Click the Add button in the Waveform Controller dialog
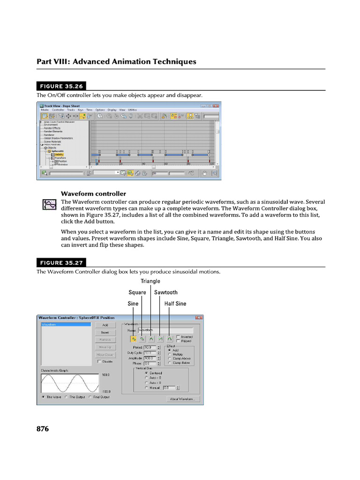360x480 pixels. point(105,325)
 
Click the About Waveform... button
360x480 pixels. point(183,399)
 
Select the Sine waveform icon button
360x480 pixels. point(134,338)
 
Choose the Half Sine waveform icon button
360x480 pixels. point(169,338)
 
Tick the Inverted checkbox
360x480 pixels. point(178,337)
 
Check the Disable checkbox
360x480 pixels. point(98,361)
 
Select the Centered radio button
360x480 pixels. point(147,373)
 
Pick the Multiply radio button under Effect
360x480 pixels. point(169,354)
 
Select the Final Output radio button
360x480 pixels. point(90,397)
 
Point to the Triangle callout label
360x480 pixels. point(150,281)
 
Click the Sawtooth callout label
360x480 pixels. point(166,292)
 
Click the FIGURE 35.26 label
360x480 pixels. point(61,86)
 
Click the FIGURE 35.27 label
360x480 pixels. point(61,263)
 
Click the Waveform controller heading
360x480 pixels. point(93,194)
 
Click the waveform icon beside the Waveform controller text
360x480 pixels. point(48,204)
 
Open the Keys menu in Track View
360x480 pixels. point(80,110)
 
